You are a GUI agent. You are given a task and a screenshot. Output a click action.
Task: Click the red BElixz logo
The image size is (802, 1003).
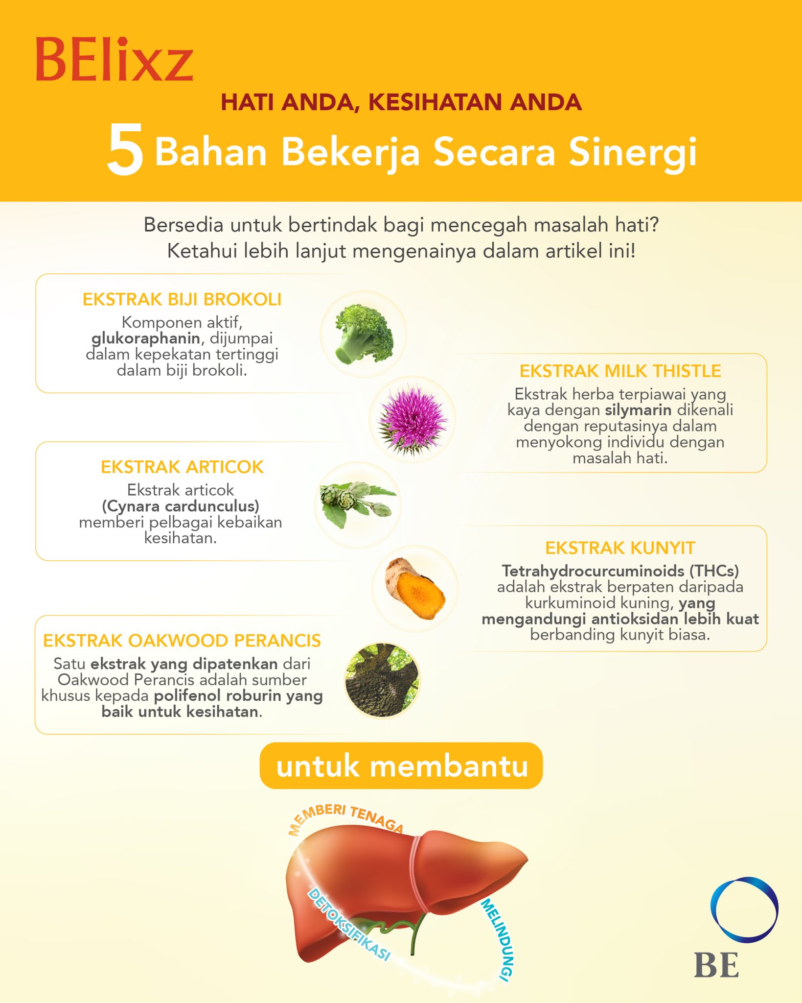pos(114,59)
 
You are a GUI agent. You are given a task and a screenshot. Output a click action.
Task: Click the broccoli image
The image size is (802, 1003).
pos(364,334)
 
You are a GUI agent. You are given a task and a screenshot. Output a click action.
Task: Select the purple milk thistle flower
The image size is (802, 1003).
pos(412,419)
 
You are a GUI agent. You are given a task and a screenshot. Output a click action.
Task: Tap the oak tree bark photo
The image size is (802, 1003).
pos(382,680)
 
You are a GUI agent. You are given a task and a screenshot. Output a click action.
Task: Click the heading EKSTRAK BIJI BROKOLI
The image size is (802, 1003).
pos(182,299)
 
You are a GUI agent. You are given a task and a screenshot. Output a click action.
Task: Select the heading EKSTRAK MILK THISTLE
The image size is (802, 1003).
pos(620,371)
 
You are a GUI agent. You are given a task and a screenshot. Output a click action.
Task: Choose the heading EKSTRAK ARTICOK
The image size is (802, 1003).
pos(182,467)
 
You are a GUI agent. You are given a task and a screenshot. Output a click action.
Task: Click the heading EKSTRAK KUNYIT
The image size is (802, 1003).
pos(620,548)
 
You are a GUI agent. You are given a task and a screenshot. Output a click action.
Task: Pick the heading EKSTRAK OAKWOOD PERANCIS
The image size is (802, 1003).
pos(182,641)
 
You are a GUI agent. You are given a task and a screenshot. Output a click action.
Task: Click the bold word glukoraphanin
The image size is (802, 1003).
pos(146,338)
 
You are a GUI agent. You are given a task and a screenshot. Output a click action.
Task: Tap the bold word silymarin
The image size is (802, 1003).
pos(638,410)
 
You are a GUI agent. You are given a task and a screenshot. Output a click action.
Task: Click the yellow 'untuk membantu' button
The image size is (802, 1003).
pos(401,766)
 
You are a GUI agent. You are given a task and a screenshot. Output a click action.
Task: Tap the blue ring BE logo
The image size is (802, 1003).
pos(744,910)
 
